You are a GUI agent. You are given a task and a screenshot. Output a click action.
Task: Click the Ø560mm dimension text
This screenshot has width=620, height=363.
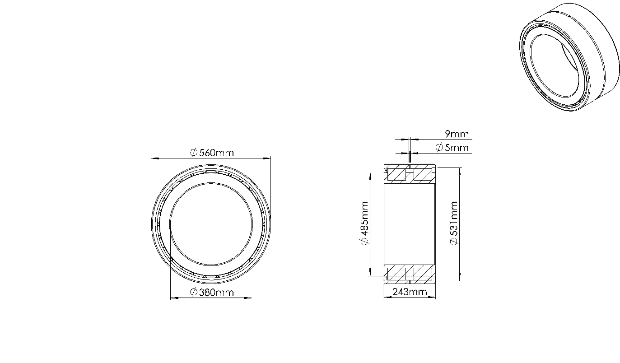click(x=212, y=153)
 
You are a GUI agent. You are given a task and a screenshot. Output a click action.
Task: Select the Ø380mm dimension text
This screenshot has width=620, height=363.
click(x=212, y=293)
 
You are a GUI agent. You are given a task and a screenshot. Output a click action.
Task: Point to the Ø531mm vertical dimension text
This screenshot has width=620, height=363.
click(x=454, y=223)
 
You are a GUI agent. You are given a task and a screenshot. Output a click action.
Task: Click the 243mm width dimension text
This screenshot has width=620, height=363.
click(x=410, y=292)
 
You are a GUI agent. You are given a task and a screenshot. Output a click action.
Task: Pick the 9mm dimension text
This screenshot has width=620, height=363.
click(x=457, y=134)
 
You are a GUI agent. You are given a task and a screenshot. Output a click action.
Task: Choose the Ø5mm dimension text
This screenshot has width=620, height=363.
click(x=452, y=148)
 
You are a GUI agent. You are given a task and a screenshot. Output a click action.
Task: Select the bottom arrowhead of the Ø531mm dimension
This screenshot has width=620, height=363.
click(x=460, y=278)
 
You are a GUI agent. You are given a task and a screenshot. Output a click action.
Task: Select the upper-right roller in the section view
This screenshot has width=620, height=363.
click(x=423, y=174)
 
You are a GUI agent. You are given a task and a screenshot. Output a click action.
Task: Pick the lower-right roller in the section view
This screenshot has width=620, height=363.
click(x=423, y=272)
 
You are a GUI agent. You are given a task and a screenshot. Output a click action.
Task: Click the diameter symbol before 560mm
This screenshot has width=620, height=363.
click(x=193, y=153)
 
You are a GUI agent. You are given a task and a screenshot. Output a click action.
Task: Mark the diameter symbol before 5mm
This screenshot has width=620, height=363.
click(x=439, y=148)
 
